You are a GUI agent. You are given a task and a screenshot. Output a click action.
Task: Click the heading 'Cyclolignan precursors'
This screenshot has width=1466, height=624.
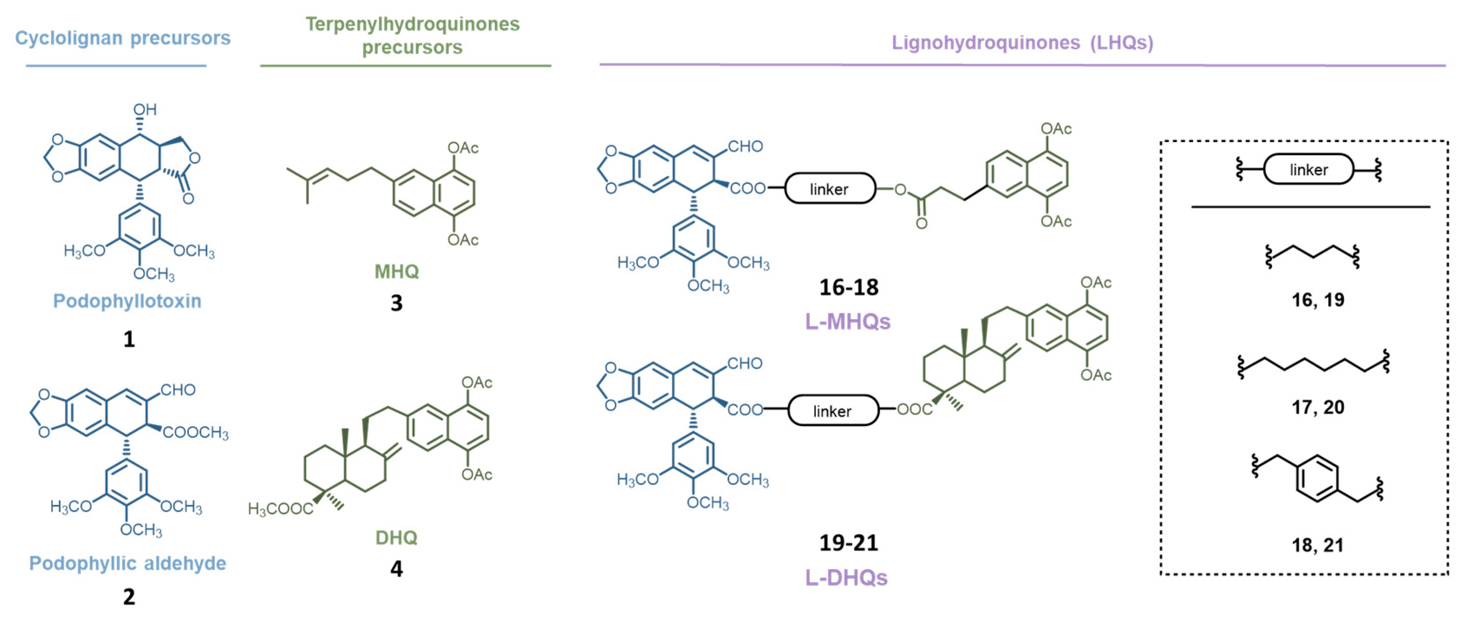122,38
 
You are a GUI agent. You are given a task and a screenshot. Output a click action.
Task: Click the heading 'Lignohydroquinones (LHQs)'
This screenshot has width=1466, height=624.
1022,42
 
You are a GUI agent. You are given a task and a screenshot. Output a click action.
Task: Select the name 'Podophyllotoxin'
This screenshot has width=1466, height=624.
127,301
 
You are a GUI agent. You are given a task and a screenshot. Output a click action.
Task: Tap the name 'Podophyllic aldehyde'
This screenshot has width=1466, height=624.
127,563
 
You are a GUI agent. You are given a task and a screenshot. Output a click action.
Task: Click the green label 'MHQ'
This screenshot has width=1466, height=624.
396,271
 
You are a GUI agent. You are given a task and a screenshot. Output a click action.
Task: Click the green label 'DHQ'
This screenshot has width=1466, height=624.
396,537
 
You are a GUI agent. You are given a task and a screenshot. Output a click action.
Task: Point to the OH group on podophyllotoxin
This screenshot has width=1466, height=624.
144,109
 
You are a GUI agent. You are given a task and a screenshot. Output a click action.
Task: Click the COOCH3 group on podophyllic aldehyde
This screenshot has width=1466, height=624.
195,433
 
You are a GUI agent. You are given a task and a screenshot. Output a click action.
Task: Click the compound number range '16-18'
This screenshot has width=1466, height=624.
849,287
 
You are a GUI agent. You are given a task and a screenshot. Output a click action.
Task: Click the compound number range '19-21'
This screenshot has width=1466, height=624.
849,543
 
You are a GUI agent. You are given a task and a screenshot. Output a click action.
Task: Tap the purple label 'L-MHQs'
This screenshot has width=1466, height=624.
847,322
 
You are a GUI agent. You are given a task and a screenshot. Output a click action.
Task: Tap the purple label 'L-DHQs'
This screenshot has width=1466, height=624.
846,577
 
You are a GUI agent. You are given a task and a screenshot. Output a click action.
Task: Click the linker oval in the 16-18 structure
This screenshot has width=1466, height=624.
830,189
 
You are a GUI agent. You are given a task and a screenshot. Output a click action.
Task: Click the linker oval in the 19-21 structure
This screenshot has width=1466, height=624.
833,411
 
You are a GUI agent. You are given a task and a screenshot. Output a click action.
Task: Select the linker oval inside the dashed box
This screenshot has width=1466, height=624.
1308,169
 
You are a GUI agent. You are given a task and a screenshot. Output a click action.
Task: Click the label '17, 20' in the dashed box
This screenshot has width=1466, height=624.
1317,407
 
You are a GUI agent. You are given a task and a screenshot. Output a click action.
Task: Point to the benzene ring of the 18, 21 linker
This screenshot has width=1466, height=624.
1317,478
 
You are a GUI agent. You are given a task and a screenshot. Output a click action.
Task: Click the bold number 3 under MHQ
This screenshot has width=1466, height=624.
396,303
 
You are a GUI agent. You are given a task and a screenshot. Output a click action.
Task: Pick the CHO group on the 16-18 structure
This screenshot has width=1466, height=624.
745,147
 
